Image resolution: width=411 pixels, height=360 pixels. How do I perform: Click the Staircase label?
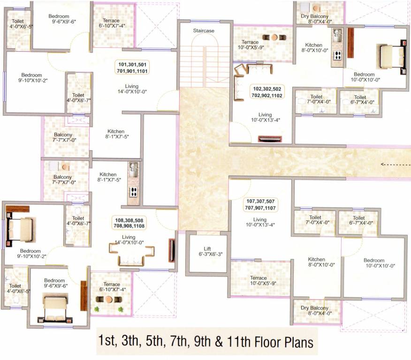203,30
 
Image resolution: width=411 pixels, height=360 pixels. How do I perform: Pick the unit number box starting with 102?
267,91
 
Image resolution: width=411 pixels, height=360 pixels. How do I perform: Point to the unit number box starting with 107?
259,204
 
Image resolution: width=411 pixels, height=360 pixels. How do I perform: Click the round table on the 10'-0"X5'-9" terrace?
274,37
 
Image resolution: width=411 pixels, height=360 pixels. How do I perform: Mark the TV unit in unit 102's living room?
270,139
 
